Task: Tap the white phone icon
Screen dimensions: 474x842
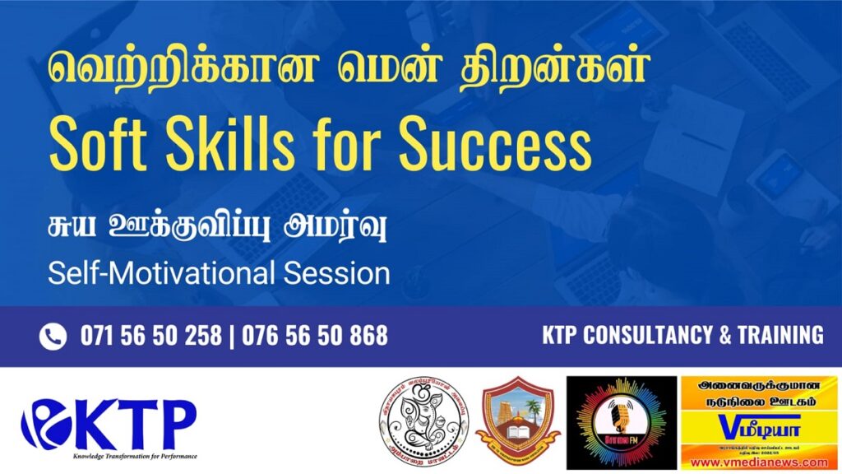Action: click(53, 336)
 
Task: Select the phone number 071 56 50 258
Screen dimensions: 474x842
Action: click(150, 336)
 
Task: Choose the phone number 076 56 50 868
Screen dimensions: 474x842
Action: click(317, 336)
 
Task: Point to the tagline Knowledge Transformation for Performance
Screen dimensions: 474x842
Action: click(135, 455)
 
